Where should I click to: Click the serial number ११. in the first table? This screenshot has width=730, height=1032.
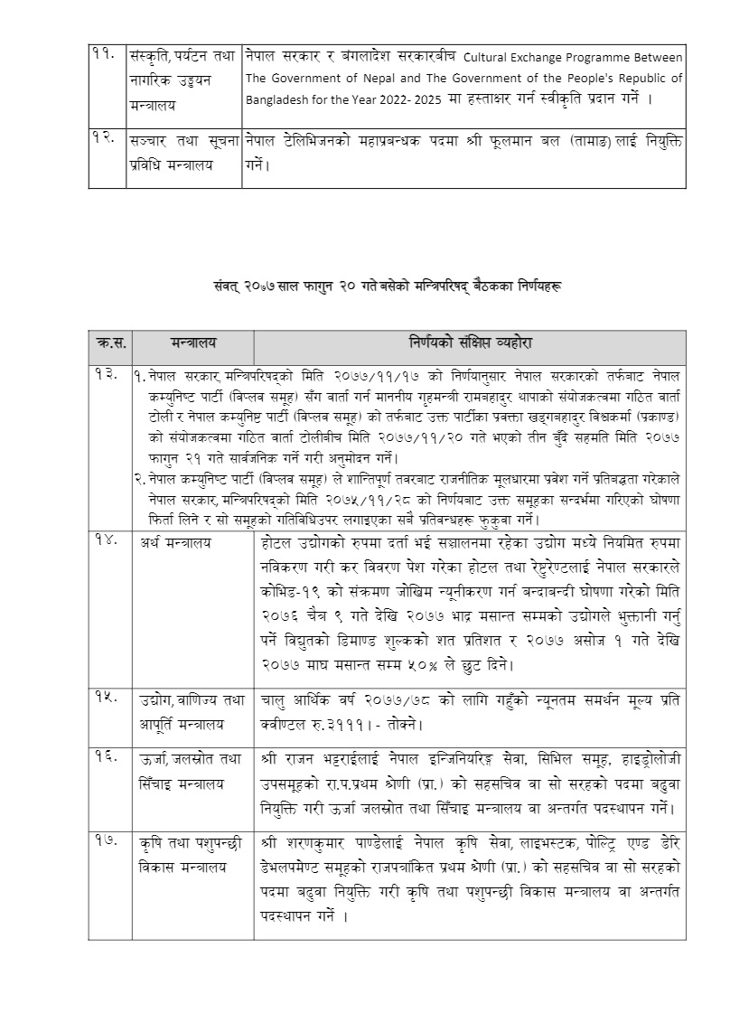click(x=101, y=55)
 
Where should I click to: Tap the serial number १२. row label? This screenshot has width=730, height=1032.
click(x=102, y=138)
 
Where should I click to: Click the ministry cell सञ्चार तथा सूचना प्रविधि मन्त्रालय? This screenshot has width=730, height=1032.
click(x=183, y=151)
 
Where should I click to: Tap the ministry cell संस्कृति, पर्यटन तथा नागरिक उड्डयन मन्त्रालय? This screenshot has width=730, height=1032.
click(x=183, y=78)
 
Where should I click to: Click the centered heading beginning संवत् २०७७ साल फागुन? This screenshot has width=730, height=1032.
click(x=388, y=286)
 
